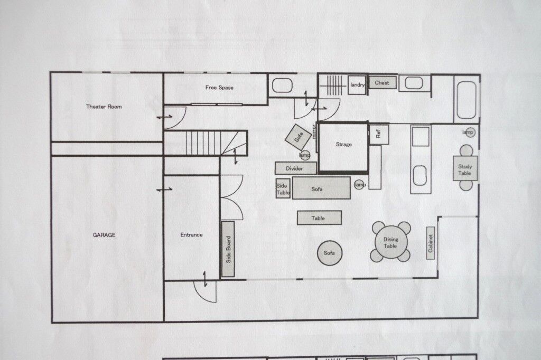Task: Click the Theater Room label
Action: pyautogui.click(x=104, y=107)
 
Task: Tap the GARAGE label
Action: pyautogui.click(x=104, y=235)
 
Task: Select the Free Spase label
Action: pyautogui.click(x=219, y=88)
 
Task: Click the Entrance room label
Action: pyautogui.click(x=191, y=235)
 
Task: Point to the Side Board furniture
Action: pyautogui.click(x=228, y=249)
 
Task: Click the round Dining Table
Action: pyautogui.click(x=390, y=242)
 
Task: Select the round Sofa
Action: pyautogui.click(x=330, y=253)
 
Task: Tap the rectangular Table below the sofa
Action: pyautogui.click(x=320, y=218)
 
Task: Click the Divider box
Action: pyautogui.click(x=296, y=168)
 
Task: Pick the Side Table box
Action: pyautogui.click(x=283, y=188)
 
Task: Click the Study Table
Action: pyautogui.click(x=465, y=168)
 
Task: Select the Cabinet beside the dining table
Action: pyautogui.click(x=430, y=243)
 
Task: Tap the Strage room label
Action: pyautogui.click(x=343, y=144)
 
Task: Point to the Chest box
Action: pyautogui.click(x=383, y=83)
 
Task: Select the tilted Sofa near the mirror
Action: pyautogui.click(x=299, y=137)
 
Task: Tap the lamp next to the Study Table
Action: pyautogui.click(x=468, y=132)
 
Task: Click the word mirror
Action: pyautogui.click(x=314, y=131)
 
